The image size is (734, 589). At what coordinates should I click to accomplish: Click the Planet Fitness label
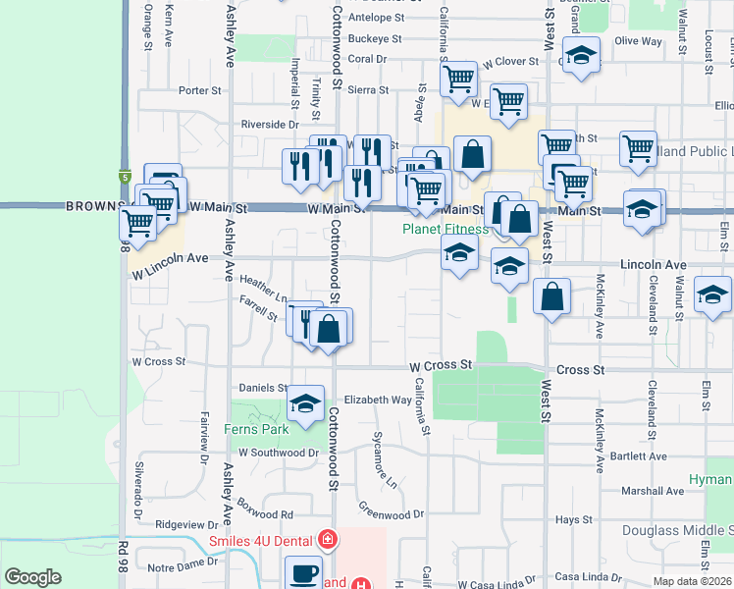[x=446, y=230]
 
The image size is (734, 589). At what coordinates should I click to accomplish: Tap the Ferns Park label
[x=256, y=429]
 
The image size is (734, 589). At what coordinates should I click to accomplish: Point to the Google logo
[x=33, y=577]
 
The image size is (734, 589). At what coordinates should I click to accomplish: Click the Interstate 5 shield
[x=126, y=177]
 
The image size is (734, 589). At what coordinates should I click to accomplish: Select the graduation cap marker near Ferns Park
[x=305, y=403]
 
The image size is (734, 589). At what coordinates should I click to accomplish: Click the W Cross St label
[x=441, y=365]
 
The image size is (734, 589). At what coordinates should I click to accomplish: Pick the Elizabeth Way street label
[x=378, y=401]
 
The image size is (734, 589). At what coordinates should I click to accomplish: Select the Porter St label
[x=200, y=90]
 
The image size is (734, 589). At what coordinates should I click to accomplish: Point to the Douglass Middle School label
[x=677, y=531]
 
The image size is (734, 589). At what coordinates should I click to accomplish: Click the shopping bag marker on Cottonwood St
[x=331, y=327]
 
